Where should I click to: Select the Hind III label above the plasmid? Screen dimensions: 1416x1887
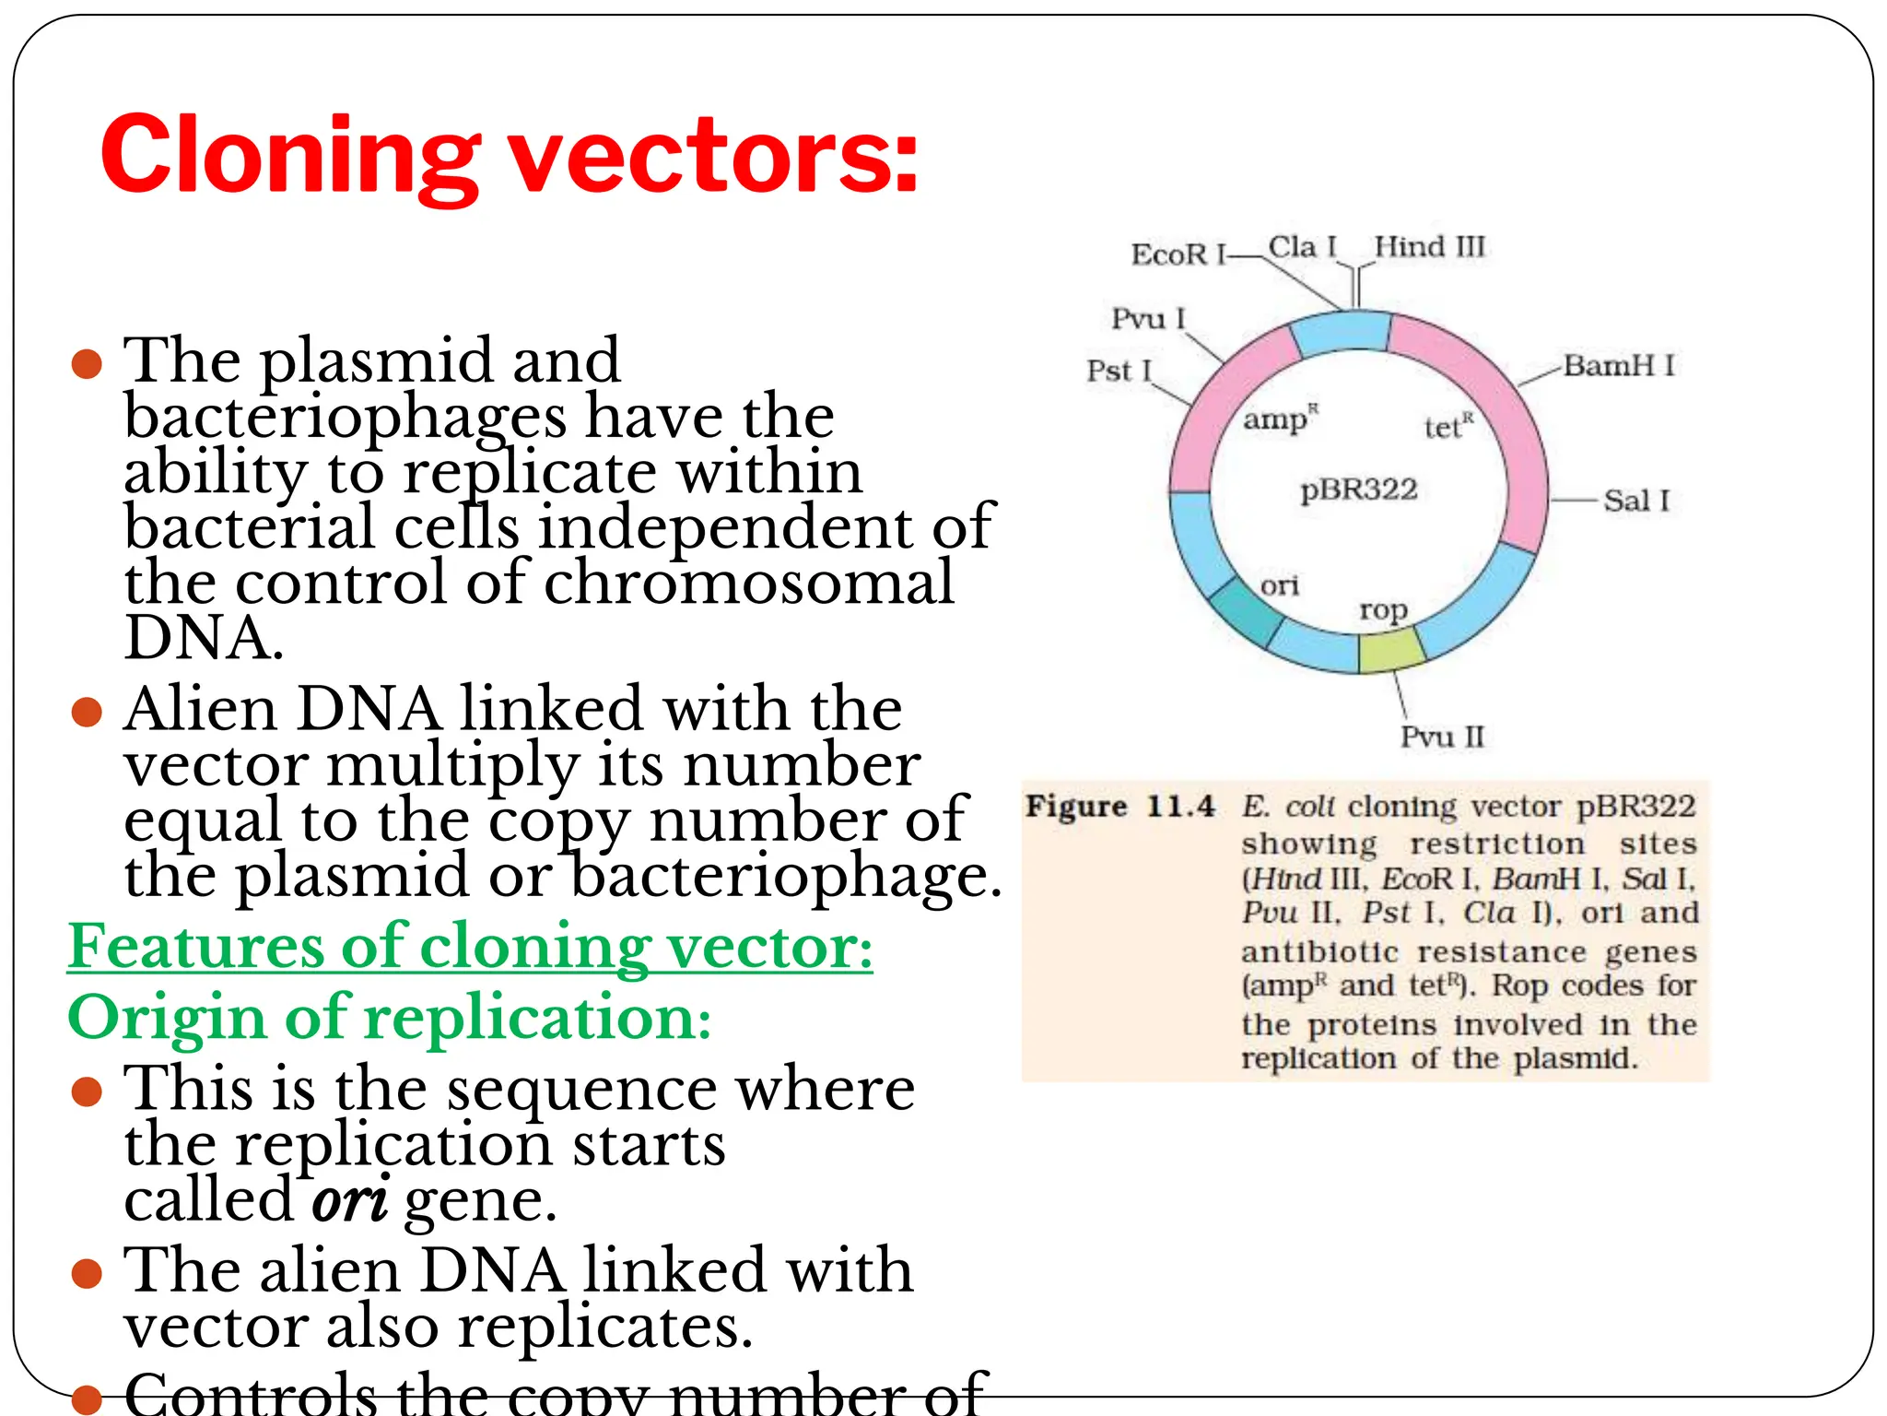(x=1429, y=247)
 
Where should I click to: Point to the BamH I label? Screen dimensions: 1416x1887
(x=1618, y=366)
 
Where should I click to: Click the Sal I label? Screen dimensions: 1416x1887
(x=1635, y=501)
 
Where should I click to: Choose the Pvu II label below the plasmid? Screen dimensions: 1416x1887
(x=1442, y=737)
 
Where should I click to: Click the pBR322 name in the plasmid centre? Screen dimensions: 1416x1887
(x=1358, y=489)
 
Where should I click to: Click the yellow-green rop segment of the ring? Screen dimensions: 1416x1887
(x=1391, y=651)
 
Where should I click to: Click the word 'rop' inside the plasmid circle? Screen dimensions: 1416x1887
(x=1383, y=611)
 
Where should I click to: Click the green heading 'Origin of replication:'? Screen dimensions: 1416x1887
(x=389, y=1018)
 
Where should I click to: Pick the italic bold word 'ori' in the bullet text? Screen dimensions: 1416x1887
(x=349, y=1200)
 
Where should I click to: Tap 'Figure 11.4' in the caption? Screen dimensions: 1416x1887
(x=1119, y=807)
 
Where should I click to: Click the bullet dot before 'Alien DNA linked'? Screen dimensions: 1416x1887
(x=87, y=712)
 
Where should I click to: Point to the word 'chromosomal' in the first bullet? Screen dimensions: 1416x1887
(x=748, y=583)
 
